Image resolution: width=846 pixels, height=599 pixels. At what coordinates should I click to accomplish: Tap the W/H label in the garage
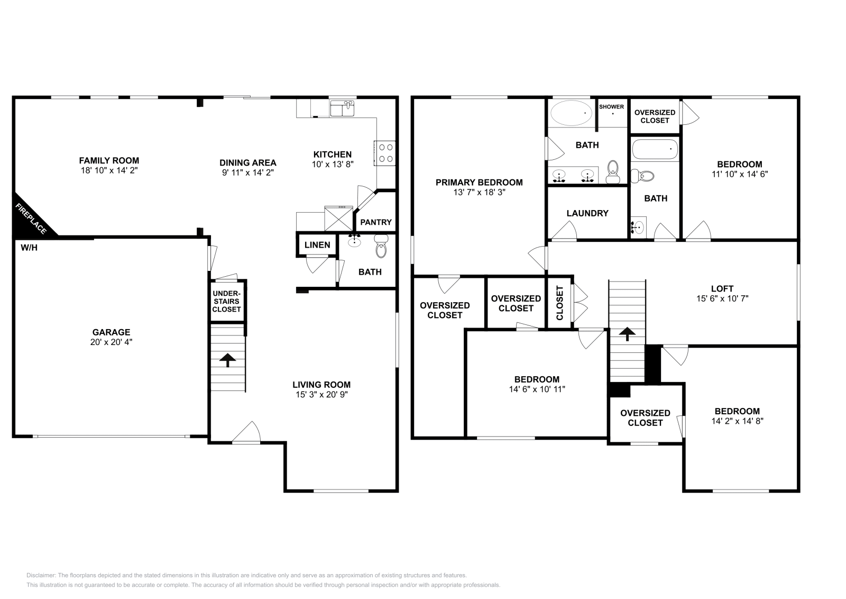(29, 248)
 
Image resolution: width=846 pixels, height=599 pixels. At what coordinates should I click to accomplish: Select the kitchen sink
(342, 108)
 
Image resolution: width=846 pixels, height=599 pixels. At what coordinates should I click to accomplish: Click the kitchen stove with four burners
(385, 153)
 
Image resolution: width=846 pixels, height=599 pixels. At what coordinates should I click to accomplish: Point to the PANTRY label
(376, 222)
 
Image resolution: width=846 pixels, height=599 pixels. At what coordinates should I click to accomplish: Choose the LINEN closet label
(317, 245)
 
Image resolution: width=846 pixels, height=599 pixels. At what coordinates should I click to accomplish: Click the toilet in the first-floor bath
(381, 246)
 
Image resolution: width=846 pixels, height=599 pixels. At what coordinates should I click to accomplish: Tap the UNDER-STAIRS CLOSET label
(226, 301)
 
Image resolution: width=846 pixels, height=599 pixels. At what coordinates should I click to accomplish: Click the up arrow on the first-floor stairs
(228, 360)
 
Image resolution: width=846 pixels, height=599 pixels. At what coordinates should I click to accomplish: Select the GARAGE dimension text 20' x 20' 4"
(111, 342)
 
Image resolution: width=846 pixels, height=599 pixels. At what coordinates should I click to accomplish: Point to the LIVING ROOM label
(321, 385)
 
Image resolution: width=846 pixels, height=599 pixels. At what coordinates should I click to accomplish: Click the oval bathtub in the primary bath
(571, 113)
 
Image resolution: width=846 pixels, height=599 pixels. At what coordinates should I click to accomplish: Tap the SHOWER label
(611, 106)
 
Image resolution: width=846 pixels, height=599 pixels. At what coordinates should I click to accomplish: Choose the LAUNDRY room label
(587, 213)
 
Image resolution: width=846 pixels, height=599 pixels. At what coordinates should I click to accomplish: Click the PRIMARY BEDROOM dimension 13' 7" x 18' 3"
(479, 193)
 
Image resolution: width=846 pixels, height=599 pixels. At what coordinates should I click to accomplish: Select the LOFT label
(722, 289)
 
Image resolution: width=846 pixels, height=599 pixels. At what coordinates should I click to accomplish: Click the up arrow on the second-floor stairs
(627, 334)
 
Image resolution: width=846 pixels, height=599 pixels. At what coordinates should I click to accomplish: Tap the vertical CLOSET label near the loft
(560, 303)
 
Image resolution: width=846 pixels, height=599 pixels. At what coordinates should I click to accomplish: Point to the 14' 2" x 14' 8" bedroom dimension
(737, 421)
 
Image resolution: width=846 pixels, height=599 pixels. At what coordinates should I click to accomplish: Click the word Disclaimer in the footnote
(41, 575)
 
